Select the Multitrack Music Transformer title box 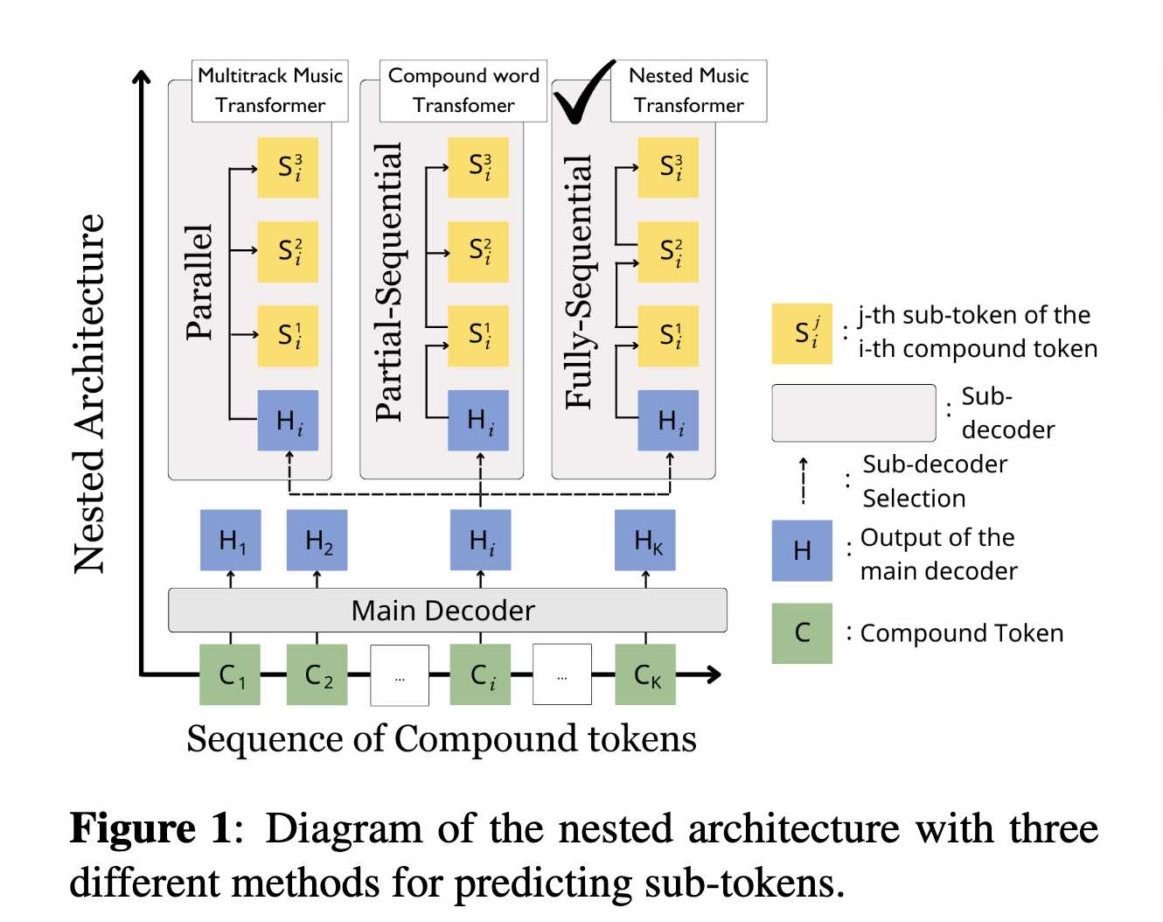click(270, 91)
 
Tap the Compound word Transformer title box click(463, 91)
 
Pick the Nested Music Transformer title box click(688, 91)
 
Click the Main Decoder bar click(447, 611)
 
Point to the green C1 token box click(230, 674)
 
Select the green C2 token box click(317, 674)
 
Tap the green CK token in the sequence click(645, 674)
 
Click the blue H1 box click(231, 541)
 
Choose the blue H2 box click(317, 541)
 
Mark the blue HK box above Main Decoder click(645, 541)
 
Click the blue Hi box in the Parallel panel click(288, 421)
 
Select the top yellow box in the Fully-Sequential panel click(668, 167)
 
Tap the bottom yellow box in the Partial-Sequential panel click(478, 336)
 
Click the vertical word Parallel click(199, 282)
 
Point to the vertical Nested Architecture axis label click(89, 394)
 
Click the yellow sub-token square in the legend click(802, 333)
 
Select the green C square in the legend click(802, 633)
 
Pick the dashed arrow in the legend click(803, 481)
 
